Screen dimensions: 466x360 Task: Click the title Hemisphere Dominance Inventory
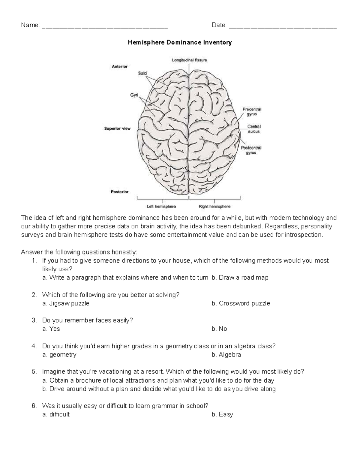[x=180, y=43]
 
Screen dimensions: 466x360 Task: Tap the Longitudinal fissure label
[x=189, y=60]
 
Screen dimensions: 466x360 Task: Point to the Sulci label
[x=142, y=73]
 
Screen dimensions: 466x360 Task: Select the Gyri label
[x=134, y=95]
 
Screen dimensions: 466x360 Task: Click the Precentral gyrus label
[x=252, y=112]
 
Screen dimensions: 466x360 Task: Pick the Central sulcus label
[x=254, y=129]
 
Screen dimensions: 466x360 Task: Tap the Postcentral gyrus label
[x=251, y=150]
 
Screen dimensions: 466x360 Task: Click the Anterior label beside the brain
[x=120, y=66]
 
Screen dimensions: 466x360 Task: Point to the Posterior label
[x=120, y=192]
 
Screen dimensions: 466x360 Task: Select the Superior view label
[x=117, y=128]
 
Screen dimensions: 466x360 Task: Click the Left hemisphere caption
[x=161, y=206]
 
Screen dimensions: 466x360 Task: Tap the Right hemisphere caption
[x=214, y=206]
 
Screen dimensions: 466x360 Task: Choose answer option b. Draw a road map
[x=240, y=278]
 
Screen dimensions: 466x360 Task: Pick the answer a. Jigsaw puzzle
[x=66, y=303]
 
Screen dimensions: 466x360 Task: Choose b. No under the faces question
[x=219, y=329]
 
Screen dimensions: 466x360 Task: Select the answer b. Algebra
[x=226, y=355]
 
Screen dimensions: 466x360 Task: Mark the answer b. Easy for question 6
[x=222, y=414]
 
